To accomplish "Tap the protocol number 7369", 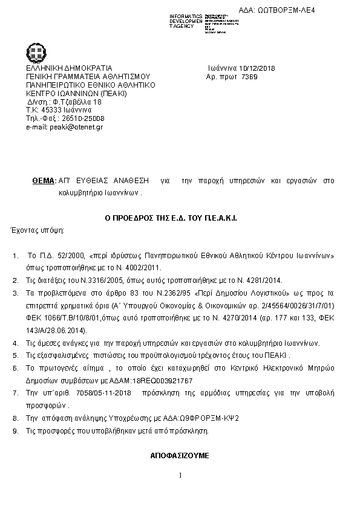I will [249, 77].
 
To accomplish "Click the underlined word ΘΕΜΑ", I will [43, 181].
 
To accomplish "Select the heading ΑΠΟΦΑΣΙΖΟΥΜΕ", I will [180, 455].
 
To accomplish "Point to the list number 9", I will [15, 431].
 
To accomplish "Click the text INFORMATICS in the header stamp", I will [186, 16].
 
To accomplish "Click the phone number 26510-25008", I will [83, 118].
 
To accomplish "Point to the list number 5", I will [15, 355].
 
